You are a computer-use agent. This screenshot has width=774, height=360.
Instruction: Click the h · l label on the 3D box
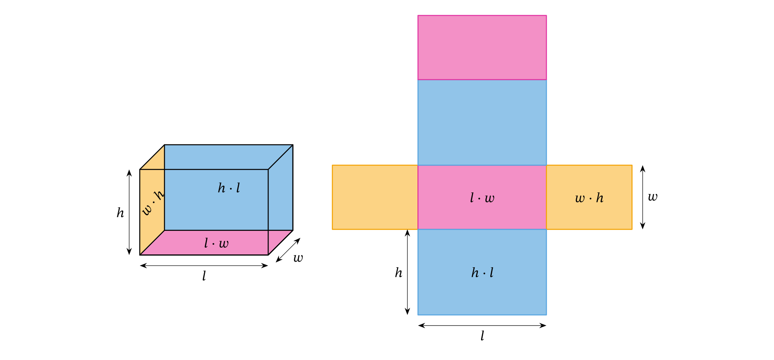pyautogui.click(x=229, y=188)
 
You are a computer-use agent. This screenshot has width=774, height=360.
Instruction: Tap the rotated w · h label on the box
pyautogui.click(x=153, y=203)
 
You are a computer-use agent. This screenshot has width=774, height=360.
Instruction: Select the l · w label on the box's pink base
pyautogui.click(x=216, y=243)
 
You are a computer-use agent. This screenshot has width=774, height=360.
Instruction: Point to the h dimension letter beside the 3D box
pyautogui.click(x=120, y=213)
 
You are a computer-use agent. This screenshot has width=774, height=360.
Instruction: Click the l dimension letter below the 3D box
pyautogui.click(x=204, y=276)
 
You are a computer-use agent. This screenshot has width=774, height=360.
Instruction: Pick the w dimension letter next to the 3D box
pyautogui.click(x=298, y=258)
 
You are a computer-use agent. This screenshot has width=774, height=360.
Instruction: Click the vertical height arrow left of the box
pyautogui.click(x=129, y=212)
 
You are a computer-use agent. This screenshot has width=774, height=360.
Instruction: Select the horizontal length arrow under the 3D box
pyautogui.click(x=204, y=265)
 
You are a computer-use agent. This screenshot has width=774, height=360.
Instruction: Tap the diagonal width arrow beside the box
pyautogui.click(x=288, y=250)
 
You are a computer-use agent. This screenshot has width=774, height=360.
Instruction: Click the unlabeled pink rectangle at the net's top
pyautogui.click(x=482, y=47)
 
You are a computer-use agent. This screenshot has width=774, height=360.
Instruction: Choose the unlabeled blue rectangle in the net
pyautogui.click(x=482, y=122)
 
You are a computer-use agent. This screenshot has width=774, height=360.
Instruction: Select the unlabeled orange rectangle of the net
pyautogui.click(x=375, y=197)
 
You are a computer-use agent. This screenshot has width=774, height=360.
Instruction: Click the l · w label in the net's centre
pyautogui.click(x=482, y=198)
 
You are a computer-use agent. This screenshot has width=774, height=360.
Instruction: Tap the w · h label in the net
pyautogui.click(x=589, y=198)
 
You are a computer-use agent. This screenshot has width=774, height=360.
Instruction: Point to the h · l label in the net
pyautogui.click(x=482, y=273)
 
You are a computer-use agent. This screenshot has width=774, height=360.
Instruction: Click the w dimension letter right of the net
pyautogui.click(x=652, y=197)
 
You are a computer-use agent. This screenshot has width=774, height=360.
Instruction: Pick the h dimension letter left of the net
pyautogui.click(x=399, y=273)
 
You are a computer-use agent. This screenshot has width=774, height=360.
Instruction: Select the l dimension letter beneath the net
pyautogui.click(x=482, y=336)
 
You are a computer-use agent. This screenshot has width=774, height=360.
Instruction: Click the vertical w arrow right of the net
pyautogui.click(x=642, y=197)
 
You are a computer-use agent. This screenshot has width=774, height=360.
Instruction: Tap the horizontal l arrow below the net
pyautogui.click(x=482, y=326)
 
